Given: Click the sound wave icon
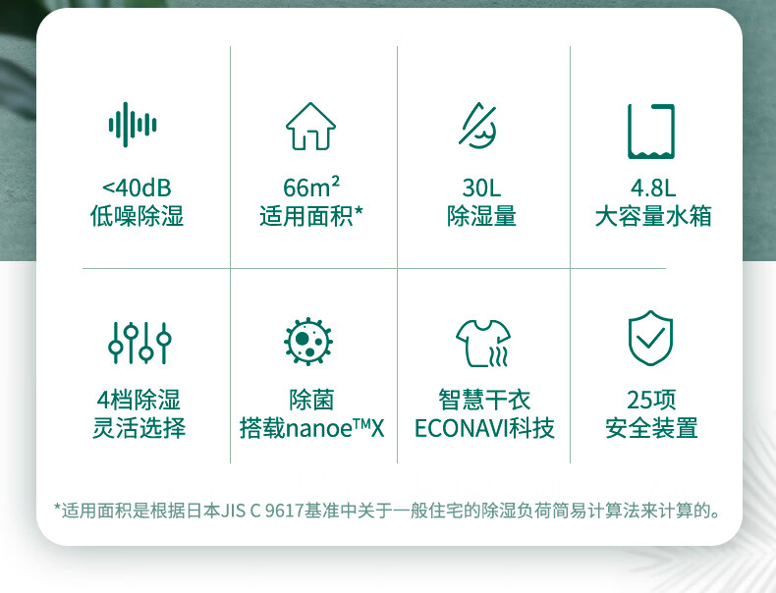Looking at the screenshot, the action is click(133, 125).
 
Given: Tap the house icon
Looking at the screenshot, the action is click(310, 126).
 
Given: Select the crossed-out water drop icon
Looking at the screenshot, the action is click(477, 125).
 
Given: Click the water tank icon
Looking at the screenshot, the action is click(651, 132).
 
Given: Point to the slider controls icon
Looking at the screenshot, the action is click(139, 343).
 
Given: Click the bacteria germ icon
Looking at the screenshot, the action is click(308, 342).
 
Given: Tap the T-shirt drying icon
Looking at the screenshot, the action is click(483, 344).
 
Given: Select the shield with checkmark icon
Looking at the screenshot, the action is click(650, 338).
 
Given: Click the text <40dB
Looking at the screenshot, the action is click(137, 188).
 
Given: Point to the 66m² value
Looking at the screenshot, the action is click(311, 187).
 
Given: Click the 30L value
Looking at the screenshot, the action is click(481, 188).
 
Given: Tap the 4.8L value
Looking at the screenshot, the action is click(653, 188).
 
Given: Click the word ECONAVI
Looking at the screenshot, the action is click(462, 428).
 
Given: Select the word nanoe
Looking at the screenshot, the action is click(319, 429).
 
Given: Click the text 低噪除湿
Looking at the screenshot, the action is click(138, 216).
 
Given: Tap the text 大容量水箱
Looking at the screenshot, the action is click(653, 216).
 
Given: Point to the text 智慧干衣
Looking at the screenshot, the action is click(484, 400).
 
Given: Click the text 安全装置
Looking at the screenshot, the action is click(651, 428).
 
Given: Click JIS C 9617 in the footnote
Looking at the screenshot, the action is click(262, 511).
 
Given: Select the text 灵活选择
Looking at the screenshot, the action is click(139, 428).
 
